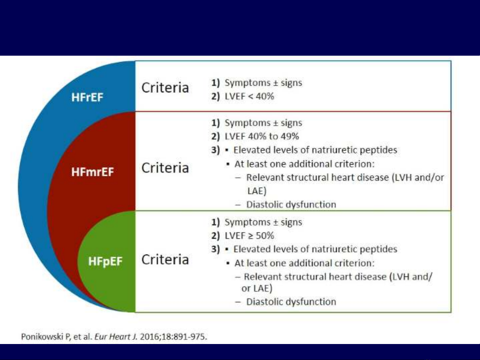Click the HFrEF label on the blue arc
pyautogui.click(x=87, y=97)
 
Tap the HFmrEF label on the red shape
pyautogui.click(x=93, y=172)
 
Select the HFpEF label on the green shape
pyautogui.click(x=105, y=261)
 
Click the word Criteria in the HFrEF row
pyautogui.click(x=165, y=88)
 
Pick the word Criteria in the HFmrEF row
pyautogui.click(x=165, y=168)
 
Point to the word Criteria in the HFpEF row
pyautogui.click(x=165, y=259)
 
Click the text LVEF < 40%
pyautogui.click(x=249, y=96)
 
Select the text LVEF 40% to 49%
pyautogui.click(x=262, y=136)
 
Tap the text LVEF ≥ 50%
pyautogui.click(x=249, y=236)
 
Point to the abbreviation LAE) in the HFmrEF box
pyautogui.click(x=257, y=191)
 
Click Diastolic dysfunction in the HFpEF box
pyautogui.click(x=291, y=302)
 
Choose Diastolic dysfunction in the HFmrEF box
pyautogui.click(x=291, y=204)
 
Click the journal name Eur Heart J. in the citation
pyautogui.click(x=116, y=337)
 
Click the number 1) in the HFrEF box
pyautogui.click(x=215, y=83)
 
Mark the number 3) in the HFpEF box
pyautogui.click(x=215, y=249)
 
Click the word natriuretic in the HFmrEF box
pyautogui.click(x=334, y=150)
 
